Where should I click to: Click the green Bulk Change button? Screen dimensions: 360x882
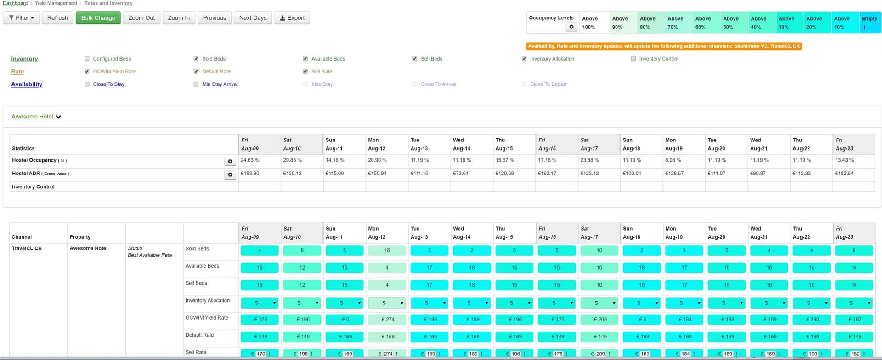[x=98, y=18]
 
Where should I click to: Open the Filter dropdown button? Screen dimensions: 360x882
[x=21, y=18]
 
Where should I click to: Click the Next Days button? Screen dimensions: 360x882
[x=253, y=18]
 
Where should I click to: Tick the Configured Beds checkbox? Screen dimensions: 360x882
[x=87, y=59]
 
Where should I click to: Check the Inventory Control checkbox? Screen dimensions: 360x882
[x=633, y=59]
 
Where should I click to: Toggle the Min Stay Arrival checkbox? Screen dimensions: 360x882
[x=196, y=84]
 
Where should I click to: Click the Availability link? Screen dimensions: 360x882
[x=27, y=84]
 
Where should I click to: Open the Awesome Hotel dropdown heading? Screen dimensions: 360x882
[x=36, y=117]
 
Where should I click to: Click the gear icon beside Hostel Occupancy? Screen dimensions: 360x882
[x=230, y=161]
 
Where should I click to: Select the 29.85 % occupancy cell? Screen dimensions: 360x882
[x=293, y=160]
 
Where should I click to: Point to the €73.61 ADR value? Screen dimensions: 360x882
[x=461, y=174]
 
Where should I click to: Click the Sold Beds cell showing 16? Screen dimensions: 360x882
[x=387, y=251]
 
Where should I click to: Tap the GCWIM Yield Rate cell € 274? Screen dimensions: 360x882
[x=387, y=320]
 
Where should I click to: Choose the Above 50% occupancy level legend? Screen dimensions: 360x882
[x=731, y=23]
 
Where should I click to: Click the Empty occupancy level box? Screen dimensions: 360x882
[x=869, y=23]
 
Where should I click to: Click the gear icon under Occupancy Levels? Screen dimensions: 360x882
[x=571, y=27]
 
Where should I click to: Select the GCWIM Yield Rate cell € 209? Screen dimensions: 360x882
[x=599, y=320]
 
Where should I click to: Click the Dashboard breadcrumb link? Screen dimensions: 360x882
[x=15, y=3]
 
